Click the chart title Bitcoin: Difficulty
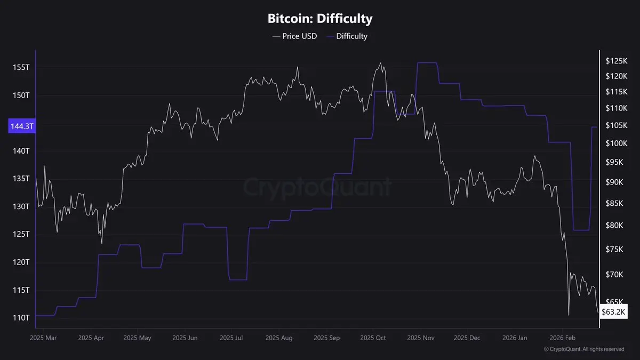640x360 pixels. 319,19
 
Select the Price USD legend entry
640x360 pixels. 294,36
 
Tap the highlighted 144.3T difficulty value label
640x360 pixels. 21,126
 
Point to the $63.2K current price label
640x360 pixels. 614,311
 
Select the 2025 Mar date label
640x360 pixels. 43,338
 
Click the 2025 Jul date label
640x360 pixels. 232,338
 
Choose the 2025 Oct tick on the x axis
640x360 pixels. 373,338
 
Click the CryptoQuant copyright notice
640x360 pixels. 583,349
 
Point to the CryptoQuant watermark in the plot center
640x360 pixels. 317,187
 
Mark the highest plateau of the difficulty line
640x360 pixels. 427,63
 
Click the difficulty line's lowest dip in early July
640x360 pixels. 238,279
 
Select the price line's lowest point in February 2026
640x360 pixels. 569,315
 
